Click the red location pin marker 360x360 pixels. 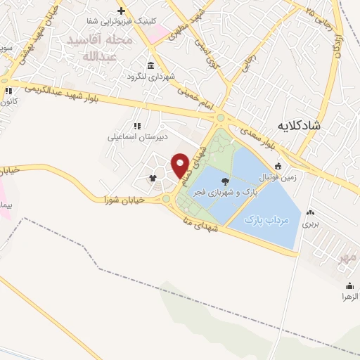(181, 165)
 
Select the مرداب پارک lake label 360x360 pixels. (266, 220)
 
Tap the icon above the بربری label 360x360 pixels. (310, 212)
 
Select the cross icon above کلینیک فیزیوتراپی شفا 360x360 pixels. (121, 11)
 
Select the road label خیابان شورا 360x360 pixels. (124, 199)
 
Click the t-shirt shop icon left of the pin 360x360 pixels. (153, 178)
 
